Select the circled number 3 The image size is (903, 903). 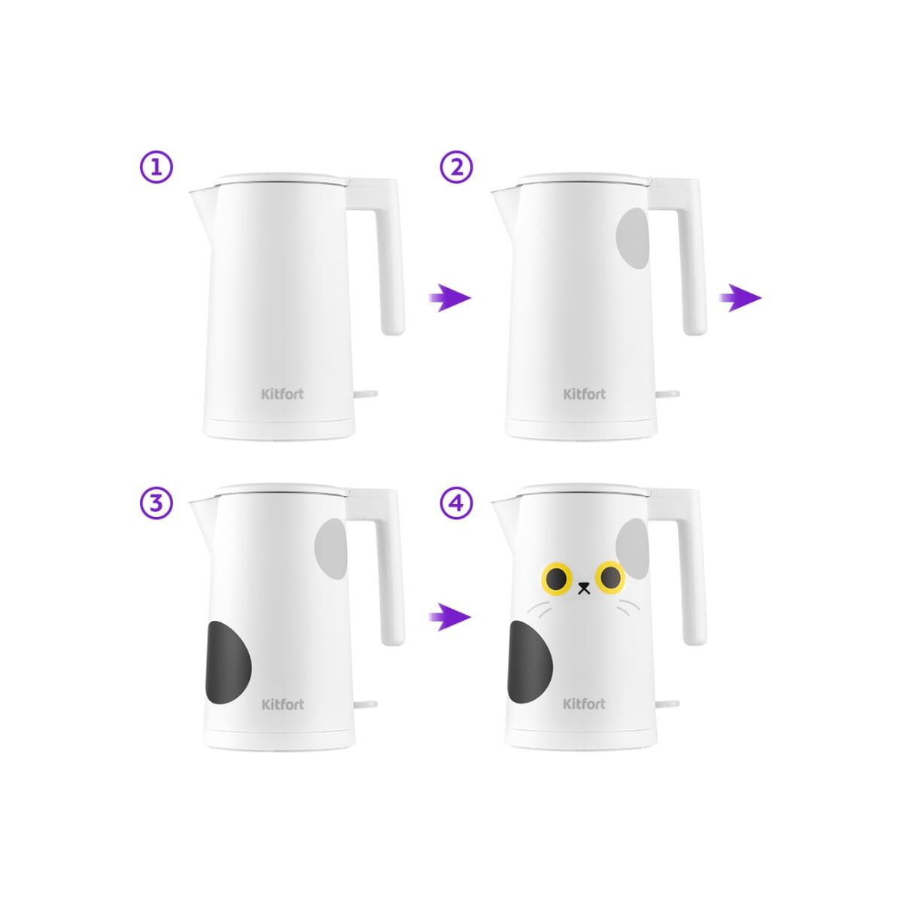[x=157, y=503]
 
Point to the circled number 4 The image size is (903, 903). [x=457, y=503]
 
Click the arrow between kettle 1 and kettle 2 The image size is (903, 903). [x=450, y=297]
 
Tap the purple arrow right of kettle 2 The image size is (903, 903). [x=740, y=297]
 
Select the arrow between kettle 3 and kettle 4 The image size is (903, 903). [x=450, y=617]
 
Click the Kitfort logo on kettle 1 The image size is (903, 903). [x=283, y=394]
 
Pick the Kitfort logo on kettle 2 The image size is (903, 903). [x=585, y=394]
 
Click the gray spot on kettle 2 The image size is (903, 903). [x=633, y=239]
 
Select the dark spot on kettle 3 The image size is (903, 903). [x=228, y=663]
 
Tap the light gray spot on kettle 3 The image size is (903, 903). [x=331, y=549]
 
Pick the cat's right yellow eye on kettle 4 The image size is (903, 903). [x=610, y=576]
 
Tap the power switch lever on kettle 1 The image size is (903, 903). [x=366, y=394]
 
